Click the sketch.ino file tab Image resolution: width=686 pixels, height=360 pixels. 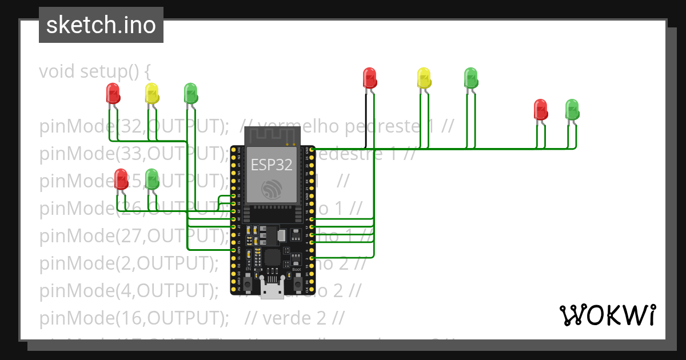101,25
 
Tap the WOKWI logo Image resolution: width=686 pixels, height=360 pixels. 607,315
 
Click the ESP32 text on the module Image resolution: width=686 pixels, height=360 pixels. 272,165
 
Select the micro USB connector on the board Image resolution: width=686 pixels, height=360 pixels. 272,288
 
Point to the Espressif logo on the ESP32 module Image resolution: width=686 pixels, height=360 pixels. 272,190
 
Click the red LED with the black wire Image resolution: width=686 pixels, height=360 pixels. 370,78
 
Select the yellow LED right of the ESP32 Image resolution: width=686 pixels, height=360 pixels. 424,78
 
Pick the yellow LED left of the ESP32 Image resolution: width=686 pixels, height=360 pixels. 151,93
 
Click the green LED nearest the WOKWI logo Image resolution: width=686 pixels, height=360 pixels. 572,109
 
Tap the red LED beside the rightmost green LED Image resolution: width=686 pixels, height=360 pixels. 540,109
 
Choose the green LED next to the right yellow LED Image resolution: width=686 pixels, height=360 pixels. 470,78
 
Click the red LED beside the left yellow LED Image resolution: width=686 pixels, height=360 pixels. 113,93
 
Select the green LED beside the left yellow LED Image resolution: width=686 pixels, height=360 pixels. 190,93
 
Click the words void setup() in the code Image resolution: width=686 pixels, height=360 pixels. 94,71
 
